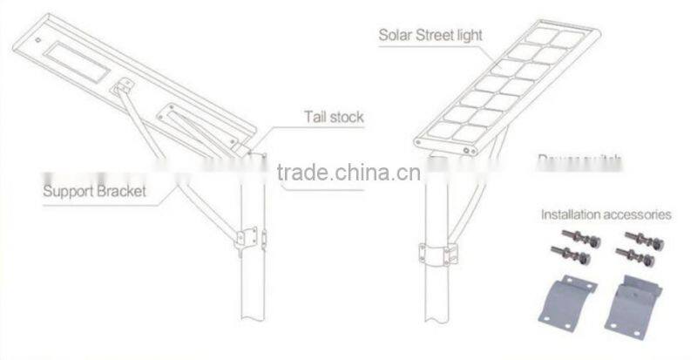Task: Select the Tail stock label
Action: pos(333,115)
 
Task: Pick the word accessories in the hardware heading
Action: pos(639,214)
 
